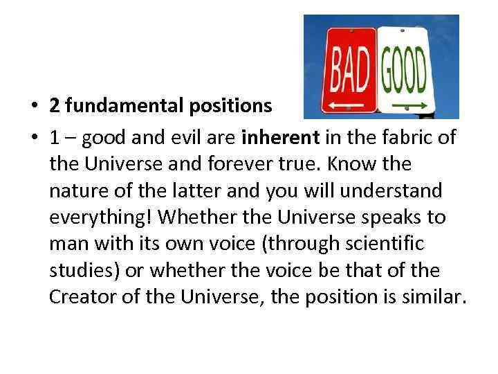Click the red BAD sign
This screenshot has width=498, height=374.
click(x=349, y=69)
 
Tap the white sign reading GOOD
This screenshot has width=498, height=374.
click(x=405, y=69)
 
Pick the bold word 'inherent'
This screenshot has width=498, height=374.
click(x=280, y=138)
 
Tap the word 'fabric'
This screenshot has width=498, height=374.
click(x=409, y=138)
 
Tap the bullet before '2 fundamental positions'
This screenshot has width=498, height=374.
click(x=33, y=106)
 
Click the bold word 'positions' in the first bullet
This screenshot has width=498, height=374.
click(x=239, y=105)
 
